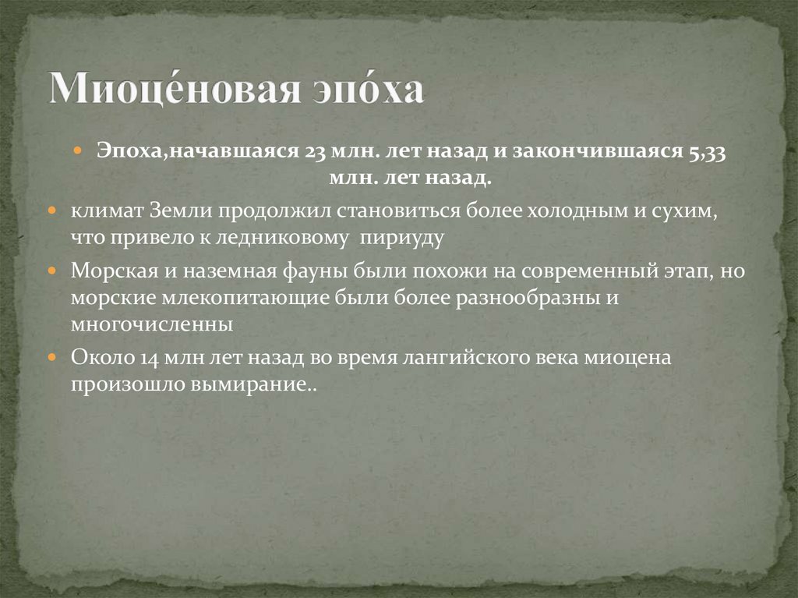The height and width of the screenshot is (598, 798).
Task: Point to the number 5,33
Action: (706, 152)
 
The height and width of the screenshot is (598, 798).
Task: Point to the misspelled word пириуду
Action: (401, 238)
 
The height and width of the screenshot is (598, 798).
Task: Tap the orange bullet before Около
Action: (51, 358)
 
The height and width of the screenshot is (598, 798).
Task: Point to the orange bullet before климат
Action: (51, 211)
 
